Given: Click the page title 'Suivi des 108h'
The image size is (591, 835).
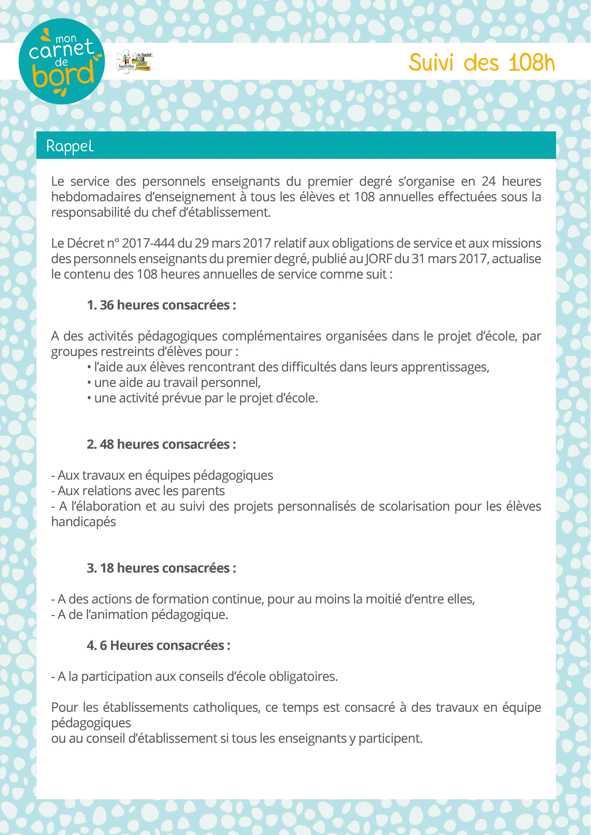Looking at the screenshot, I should click(x=481, y=63).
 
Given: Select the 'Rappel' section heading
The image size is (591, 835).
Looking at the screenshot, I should click(x=70, y=146).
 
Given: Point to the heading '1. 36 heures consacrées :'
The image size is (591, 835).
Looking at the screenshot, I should click(x=161, y=305).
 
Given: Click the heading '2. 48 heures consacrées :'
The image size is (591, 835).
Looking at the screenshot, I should click(x=161, y=444).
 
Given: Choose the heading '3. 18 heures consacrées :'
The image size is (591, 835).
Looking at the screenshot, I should click(x=161, y=568).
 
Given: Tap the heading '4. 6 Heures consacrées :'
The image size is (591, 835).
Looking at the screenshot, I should click(x=158, y=646).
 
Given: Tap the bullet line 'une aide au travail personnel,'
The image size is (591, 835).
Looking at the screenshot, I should click(x=177, y=383).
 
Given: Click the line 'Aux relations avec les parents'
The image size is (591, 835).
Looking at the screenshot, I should click(x=141, y=491).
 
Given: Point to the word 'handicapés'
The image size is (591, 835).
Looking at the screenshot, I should click(x=83, y=522).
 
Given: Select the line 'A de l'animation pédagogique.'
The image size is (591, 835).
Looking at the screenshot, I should click(x=142, y=615).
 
